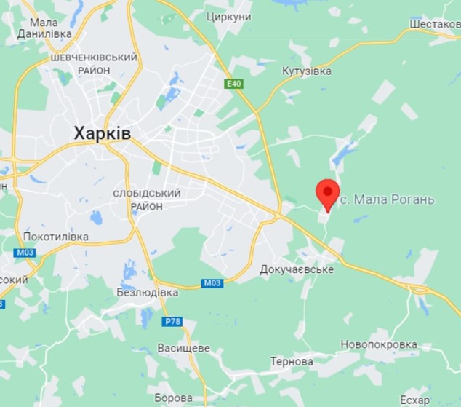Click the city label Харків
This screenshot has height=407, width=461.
click(102, 133)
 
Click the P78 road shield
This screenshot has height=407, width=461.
click(172, 322)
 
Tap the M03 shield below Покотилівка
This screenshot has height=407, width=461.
click(24, 252)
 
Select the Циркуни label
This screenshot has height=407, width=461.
click(229, 17)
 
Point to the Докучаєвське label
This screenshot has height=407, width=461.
click(297, 269)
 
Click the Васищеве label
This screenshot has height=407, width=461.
click(183, 348)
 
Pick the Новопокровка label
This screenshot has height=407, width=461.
click(379, 344)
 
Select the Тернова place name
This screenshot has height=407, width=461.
click(292, 361)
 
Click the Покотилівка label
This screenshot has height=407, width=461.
click(56, 237)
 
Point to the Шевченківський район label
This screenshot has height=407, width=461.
click(94, 63)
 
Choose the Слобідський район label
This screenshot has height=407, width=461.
click(147, 199)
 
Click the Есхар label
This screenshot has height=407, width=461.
click(415, 400)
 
